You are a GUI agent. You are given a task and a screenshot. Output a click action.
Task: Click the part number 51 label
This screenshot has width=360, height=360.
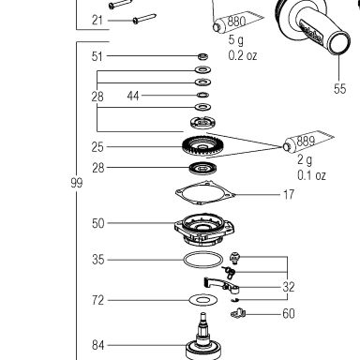click(97, 56)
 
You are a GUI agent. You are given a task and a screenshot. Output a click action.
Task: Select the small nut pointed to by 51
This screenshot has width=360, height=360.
click(203, 56)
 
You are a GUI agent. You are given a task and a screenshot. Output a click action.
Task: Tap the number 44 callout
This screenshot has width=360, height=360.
click(133, 96)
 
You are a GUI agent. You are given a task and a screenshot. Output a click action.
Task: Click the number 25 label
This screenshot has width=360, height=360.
click(97, 147)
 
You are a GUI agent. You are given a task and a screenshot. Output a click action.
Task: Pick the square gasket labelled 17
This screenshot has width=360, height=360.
click(205, 193)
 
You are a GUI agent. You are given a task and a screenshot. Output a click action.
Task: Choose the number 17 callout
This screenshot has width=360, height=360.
click(289, 195)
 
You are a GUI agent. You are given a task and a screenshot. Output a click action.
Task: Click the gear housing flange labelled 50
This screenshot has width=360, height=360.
click(204, 230)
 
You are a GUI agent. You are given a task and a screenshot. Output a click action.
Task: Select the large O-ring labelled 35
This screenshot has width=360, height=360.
click(203, 260)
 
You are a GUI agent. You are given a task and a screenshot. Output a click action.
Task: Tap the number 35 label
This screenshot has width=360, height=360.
click(97, 260)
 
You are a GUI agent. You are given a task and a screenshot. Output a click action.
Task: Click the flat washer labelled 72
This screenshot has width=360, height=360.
click(203, 300)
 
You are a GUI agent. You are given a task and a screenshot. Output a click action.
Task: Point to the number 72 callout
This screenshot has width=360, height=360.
click(97, 300)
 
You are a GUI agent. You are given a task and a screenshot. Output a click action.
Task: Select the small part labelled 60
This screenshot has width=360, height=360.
click(238, 313)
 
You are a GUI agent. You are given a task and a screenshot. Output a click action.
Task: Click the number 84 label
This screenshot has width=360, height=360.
click(97, 345)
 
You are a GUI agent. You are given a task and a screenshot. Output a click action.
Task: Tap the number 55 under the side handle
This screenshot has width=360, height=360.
click(339, 88)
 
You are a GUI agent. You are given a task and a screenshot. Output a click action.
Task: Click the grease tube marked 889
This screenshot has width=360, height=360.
click(307, 142)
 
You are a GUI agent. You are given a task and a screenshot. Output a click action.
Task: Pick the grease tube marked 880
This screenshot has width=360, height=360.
click(238, 22)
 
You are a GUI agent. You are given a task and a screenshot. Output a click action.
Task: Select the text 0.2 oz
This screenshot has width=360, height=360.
click(243, 55)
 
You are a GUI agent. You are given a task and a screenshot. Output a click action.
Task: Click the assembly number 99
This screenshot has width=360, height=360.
click(77, 183)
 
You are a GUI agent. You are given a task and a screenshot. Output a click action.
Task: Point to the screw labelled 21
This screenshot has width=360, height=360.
click(144, 19)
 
